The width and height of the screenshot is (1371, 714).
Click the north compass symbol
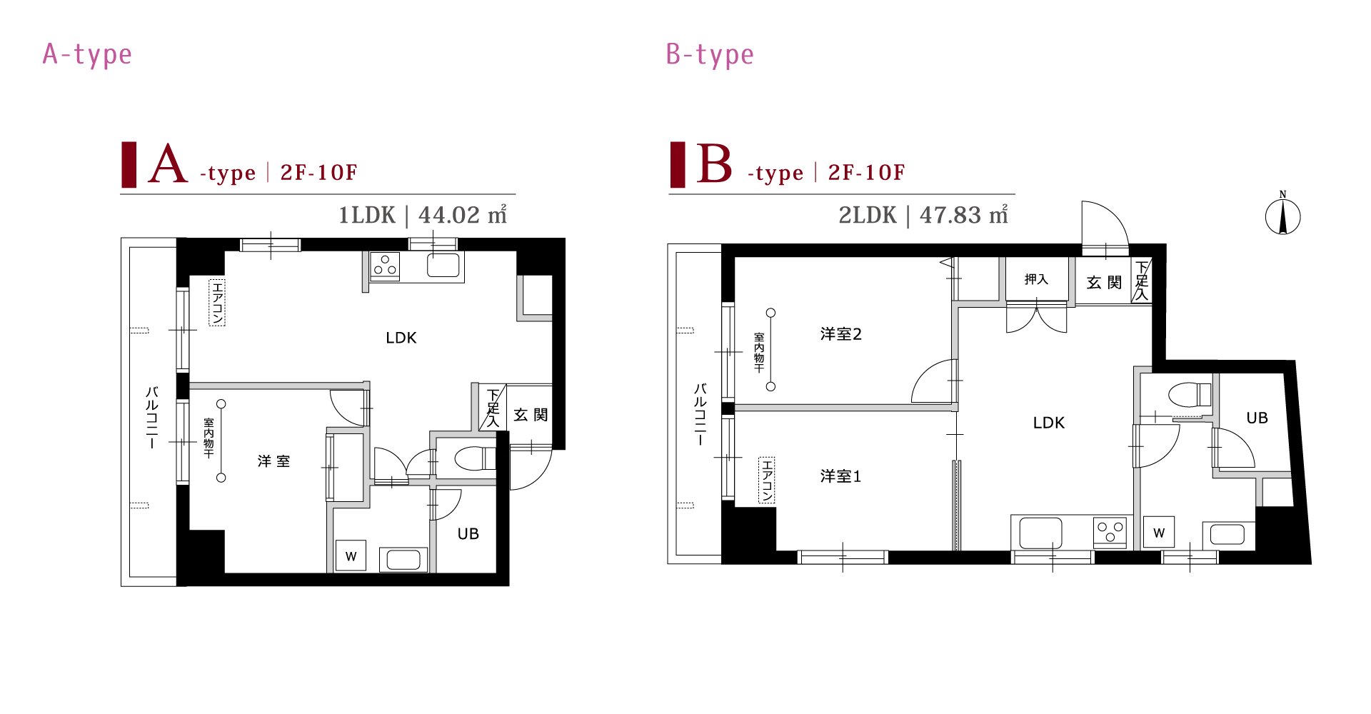coord(1282,215)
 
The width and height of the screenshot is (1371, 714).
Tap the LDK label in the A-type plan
coord(401,338)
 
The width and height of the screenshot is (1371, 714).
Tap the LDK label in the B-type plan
coord(1048,423)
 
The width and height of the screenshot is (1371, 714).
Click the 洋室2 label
coord(840,334)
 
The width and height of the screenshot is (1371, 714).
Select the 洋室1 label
coord(840,476)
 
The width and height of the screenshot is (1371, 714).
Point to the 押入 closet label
coord(1036,279)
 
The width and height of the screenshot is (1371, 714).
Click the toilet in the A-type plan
coord(475,458)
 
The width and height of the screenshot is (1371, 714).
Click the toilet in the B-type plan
coord(1190,394)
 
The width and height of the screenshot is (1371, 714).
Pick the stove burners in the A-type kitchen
coord(385,266)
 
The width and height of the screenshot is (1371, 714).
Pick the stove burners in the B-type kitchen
coord(1110,532)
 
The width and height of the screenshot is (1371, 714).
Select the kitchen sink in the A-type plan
coord(443,266)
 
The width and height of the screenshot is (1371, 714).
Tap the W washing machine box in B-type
coord(1158,532)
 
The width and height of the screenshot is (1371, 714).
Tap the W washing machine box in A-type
coord(351,555)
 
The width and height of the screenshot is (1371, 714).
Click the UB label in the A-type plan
coord(468,534)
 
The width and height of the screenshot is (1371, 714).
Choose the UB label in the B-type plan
coord(1257,418)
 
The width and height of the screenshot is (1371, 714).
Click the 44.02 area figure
coord(449,215)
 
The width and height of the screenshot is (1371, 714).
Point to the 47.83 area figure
coord(950,215)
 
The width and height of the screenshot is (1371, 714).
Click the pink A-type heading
coord(87,55)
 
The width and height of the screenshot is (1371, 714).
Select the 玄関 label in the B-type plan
coord(1104,283)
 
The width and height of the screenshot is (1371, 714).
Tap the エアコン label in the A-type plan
coord(217,303)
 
